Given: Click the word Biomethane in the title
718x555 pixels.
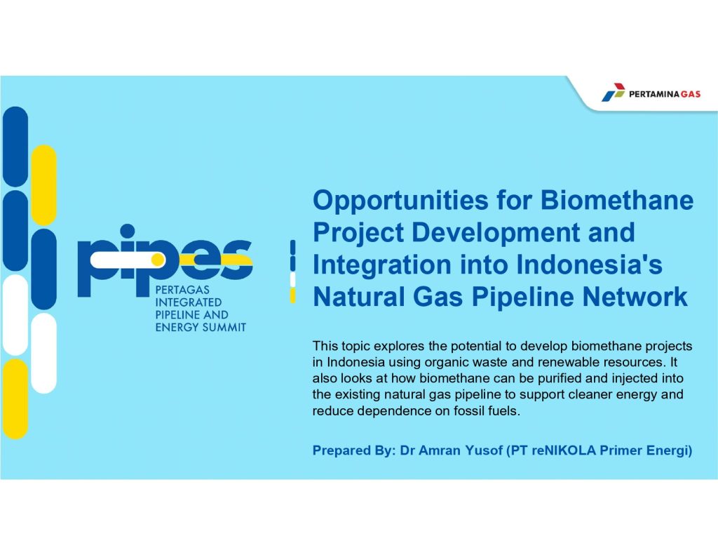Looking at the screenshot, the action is click(617, 200).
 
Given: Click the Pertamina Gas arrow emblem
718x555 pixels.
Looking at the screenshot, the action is click(613, 92).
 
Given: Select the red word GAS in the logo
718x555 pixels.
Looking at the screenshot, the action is click(691, 94).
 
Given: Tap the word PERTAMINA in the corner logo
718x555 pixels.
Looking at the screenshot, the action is click(654, 94).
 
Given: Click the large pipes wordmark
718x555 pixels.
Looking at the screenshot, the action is click(165, 260).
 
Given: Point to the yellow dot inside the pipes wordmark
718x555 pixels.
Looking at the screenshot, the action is click(158, 260).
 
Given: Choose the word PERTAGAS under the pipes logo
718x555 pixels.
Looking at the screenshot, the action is click(182, 290).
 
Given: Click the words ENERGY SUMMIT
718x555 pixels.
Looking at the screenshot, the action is click(201, 327).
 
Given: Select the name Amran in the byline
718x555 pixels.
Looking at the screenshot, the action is click(440, 450).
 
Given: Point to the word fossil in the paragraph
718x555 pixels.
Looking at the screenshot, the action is click(469, 410).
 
